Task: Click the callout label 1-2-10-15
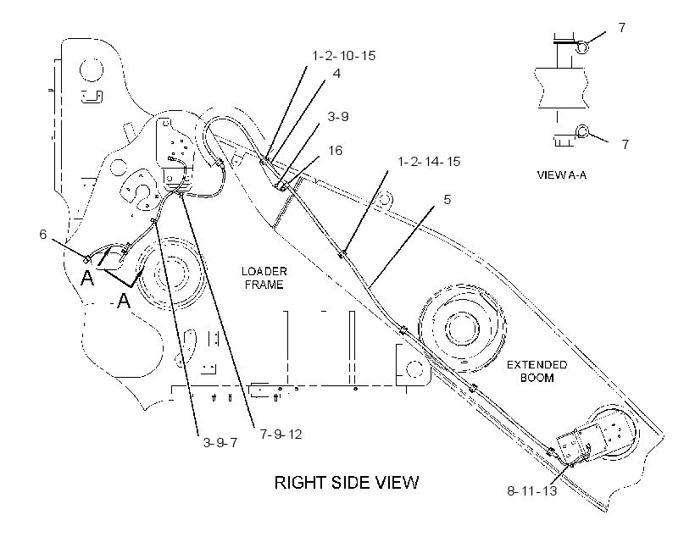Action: (344, 56)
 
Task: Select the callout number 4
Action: (336, 74)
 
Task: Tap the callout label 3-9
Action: (337, 117)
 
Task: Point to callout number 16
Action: (335, 151)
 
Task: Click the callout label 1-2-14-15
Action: (429, 161)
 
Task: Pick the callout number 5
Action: (448, 200)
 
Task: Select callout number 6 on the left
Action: (43, 234)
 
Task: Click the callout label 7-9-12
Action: (281, 435)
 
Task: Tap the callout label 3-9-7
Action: (220, 443)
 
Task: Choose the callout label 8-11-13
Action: (532, 491)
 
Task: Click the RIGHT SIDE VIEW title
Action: (347, 483)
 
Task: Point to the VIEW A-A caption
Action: (562, 175)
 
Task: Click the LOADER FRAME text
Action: (264, 278)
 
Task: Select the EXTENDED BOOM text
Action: (537, 371)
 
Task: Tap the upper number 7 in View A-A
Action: (622, 27)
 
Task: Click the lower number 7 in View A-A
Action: (625, 145)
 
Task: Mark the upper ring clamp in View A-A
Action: (582, 47)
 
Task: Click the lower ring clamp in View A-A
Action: (582, 131)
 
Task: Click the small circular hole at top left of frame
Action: (92, 69)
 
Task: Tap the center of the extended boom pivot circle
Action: (462, 329)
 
